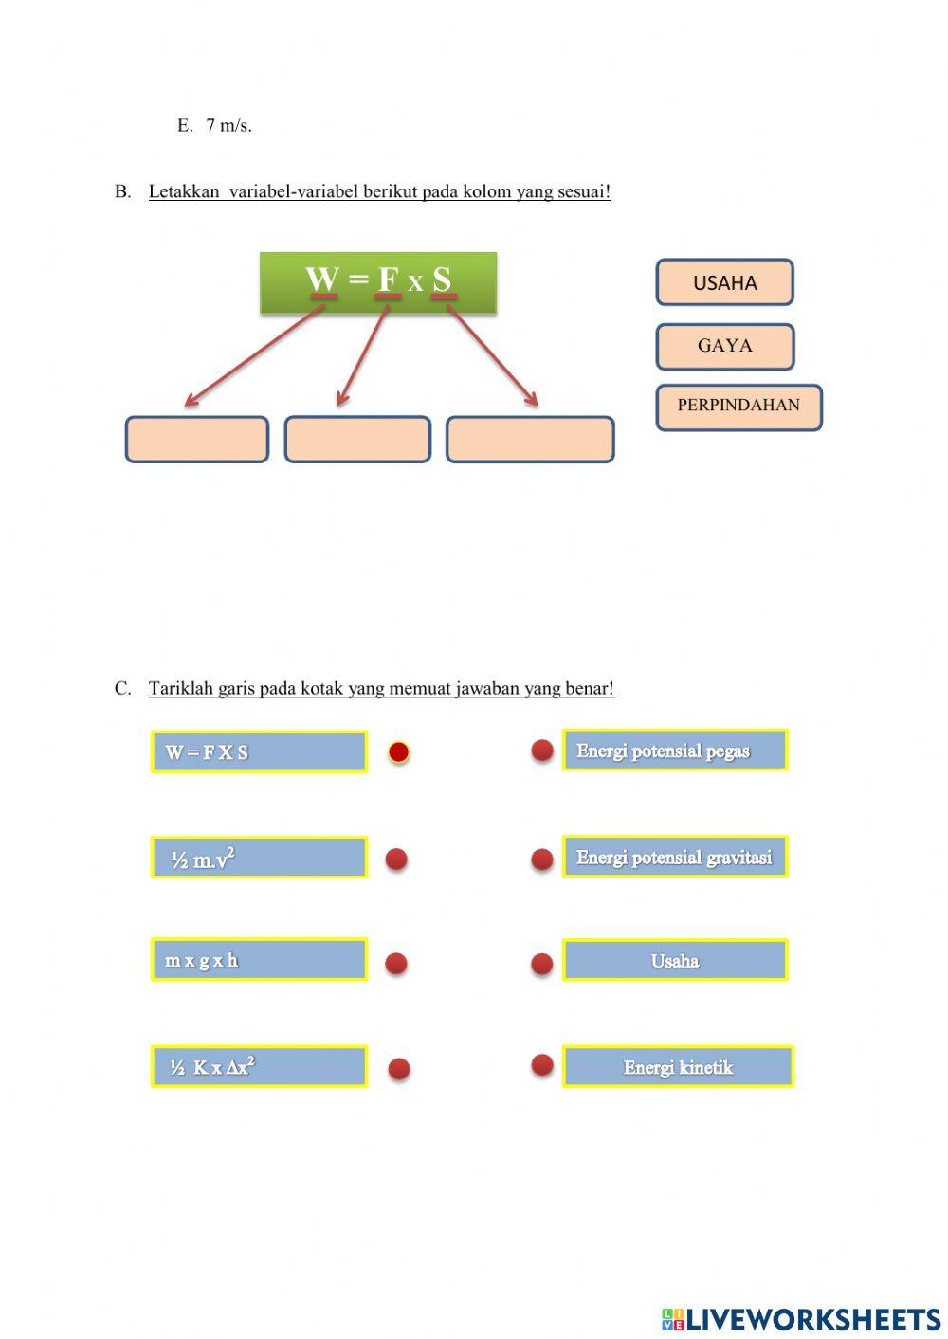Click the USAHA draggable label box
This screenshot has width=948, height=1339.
coord(724,282)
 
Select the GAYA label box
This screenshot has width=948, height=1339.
coord(724,346)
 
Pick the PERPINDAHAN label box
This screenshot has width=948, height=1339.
coord(738,407)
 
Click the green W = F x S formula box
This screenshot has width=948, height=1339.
coord(378,281)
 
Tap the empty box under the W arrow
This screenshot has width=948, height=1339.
coord(197,440)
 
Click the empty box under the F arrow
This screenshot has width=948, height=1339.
coord(357,440)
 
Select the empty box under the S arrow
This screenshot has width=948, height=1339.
coord(530,440)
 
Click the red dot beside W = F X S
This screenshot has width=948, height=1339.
coord(398,752)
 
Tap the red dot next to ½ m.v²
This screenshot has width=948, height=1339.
coord(396,859)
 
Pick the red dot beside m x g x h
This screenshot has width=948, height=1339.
coord(396,964)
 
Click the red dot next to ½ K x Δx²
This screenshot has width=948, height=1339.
coord(399,1069)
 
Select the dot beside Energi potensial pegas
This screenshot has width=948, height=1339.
coord(542,751)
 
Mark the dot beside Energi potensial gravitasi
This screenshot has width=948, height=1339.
coord(542,859)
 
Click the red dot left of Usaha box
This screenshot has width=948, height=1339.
coord(542,964)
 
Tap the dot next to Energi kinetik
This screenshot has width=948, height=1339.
coord(542,1064)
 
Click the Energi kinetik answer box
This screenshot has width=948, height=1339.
coord(678,1067)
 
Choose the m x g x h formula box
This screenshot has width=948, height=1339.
coord(259,960)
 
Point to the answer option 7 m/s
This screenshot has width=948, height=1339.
coord(228,126)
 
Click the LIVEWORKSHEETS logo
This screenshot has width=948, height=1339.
coord(801,1319)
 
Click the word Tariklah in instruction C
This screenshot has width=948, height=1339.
coord(180,689)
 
